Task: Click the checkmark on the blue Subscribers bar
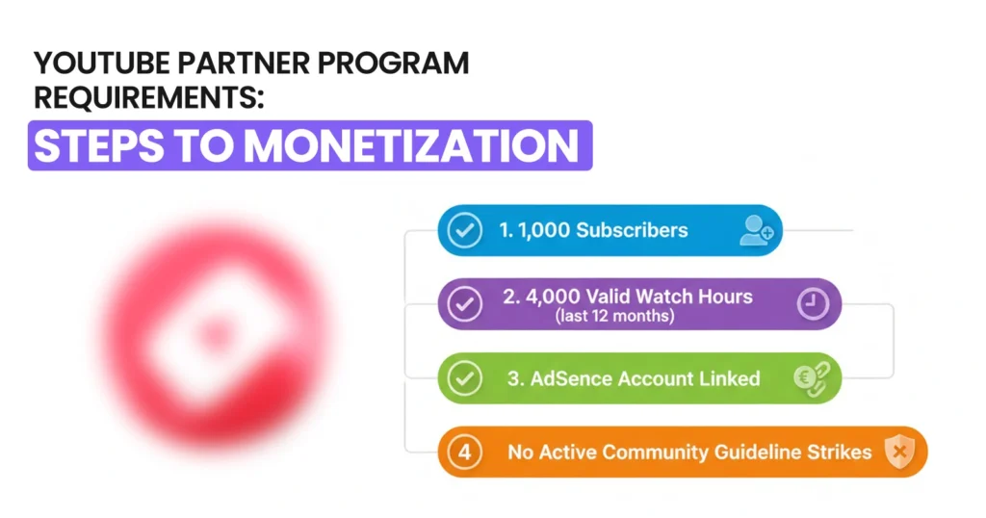point(466,230)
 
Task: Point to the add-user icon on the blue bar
point(756,230)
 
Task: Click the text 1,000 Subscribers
point(593,230)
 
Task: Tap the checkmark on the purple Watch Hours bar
point(466,304)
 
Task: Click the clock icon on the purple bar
point(813,304)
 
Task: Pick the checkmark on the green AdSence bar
point(466,378)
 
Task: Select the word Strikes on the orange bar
point(839,452)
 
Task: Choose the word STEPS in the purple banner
point(95,145)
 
